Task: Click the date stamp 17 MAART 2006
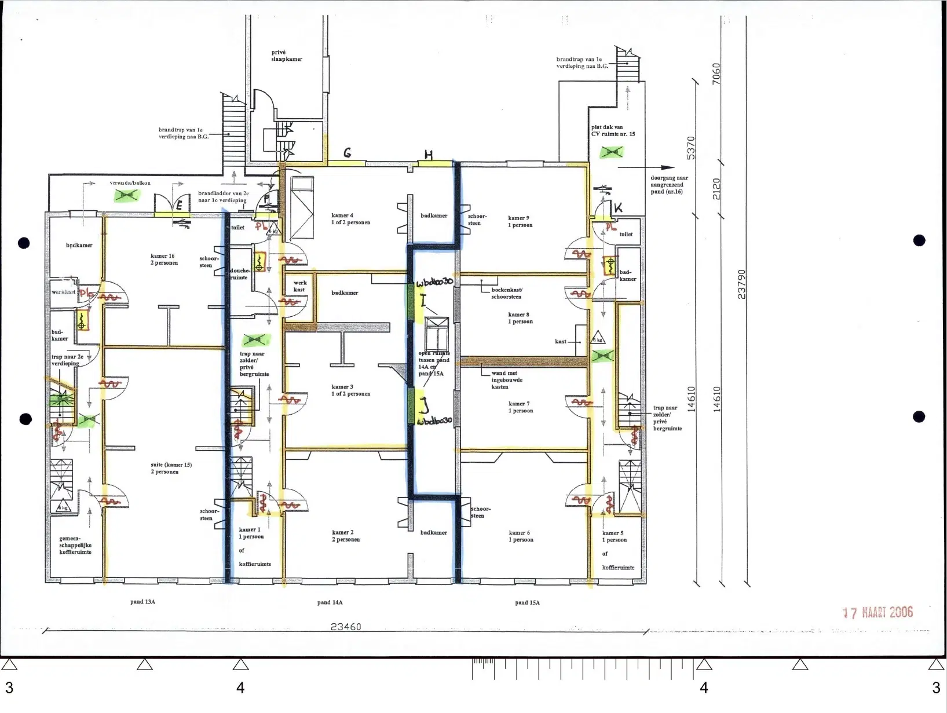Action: click(877, 612)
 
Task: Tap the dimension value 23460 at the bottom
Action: click(346, 627)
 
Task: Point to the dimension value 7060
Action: click(716, 73)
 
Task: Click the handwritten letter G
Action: click(348, 153)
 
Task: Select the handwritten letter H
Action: click(429, 155)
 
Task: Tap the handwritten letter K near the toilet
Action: click(618, 208)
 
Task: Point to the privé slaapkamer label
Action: click(287, 56)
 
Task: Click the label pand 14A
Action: click(330, 602)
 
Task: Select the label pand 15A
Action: click(527, 602)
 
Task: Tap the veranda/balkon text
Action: click(130, 183)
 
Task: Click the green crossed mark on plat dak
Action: click(612, 153)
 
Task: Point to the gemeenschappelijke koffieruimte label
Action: click(75, 545)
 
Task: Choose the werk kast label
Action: click(299, 286)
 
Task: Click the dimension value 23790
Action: click(742, 284)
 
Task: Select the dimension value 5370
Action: click(691, 148)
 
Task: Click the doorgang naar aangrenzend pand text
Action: click(669, 185)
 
